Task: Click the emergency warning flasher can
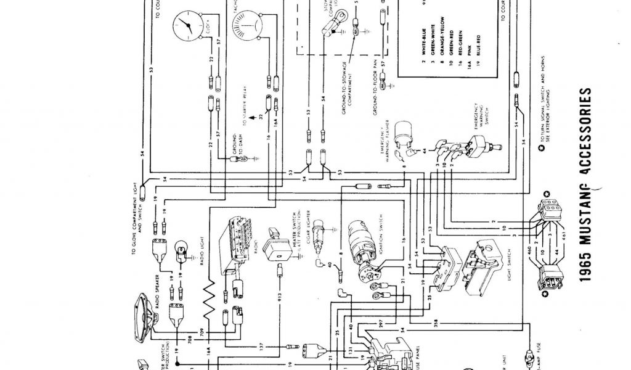tap(405, 130)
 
